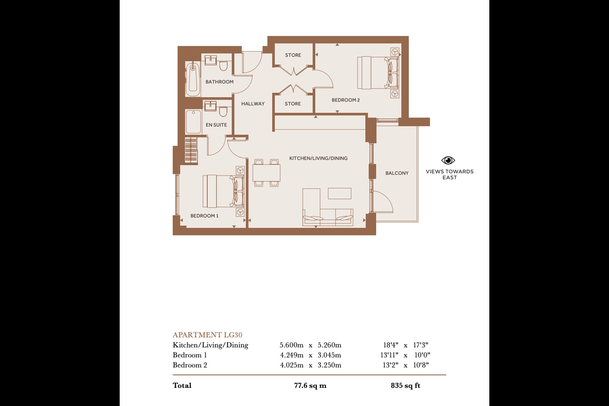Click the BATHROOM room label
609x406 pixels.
(219, 82)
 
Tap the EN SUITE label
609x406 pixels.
(216, 125)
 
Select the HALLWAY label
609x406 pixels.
(253, 104)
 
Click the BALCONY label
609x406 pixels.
(397, 173)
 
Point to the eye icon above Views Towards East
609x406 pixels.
(448, 160)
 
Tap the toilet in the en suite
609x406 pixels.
(223, 111)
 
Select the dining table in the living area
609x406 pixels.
(266, 173)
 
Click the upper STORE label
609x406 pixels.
(293, 55)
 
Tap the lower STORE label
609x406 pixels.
(293, 104)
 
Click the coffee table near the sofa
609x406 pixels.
(339, 193)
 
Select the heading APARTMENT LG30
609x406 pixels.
(207, 335)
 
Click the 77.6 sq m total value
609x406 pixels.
(310, 385)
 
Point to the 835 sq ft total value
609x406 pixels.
(405, 385)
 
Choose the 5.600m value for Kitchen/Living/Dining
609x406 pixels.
(291, 345)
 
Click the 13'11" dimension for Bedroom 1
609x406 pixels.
(389, 355)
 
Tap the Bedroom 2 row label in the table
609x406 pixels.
(190, 365)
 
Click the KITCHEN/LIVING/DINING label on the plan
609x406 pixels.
(318, 158)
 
